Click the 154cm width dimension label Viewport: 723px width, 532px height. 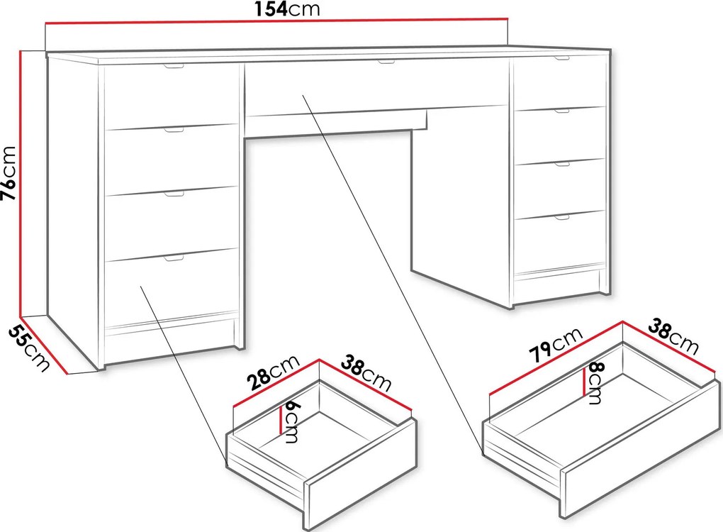coord(287,9)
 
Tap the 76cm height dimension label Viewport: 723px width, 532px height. coord(9,173)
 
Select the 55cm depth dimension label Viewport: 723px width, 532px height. coord(28,348)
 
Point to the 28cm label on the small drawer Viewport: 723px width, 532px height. coord(272,374)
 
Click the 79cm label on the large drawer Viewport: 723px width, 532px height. coord(556,345)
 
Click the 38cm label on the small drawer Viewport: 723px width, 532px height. coord(366,374)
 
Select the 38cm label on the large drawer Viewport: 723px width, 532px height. coord(673,337)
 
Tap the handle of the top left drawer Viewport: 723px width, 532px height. coord(174,67)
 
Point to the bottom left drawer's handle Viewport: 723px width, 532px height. coord(174,258)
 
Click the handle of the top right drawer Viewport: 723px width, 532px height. coord(562,58)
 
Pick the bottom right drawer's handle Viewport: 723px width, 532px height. coord(562,217)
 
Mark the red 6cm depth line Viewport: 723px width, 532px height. coord(281,420)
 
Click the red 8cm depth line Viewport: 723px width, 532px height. coord(585,382)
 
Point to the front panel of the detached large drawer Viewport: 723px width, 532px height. coord(640,448)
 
